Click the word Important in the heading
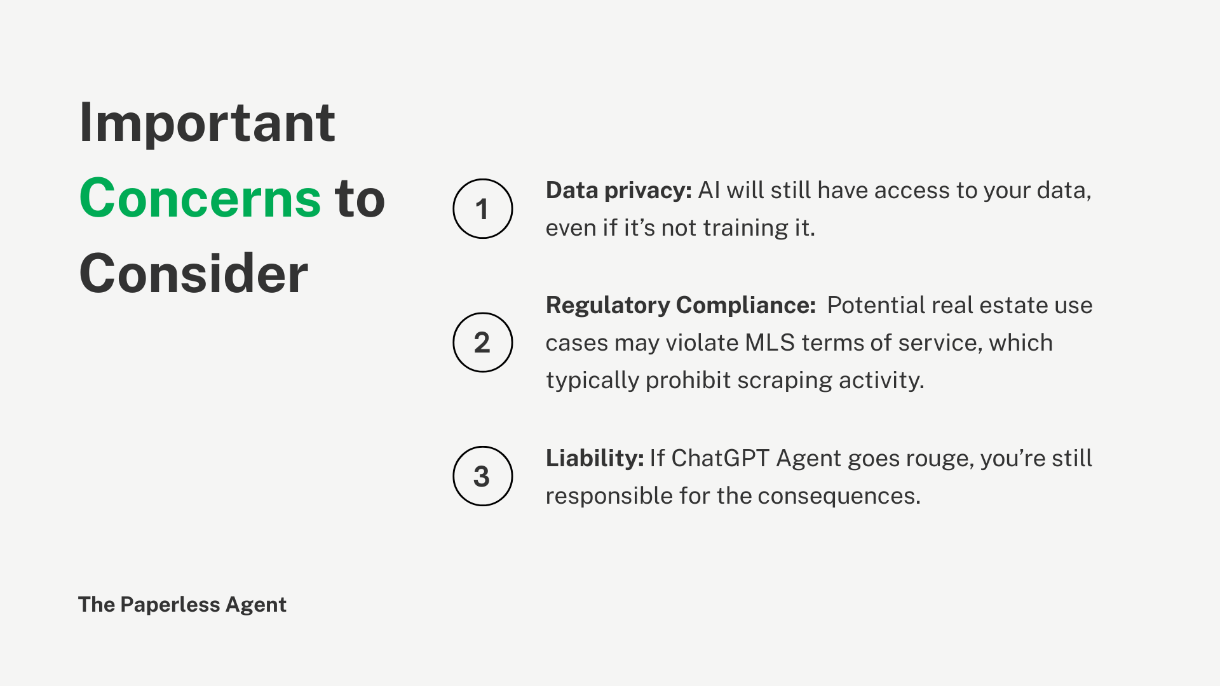(207, 123)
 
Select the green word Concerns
(200, 198)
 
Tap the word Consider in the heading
(194, 273)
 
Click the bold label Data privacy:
(619, 191)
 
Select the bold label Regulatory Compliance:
(681, 306)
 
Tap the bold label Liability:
(595, 458)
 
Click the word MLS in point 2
(769, 343)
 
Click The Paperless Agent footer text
(182, 605)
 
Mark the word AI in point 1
(709, 191)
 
